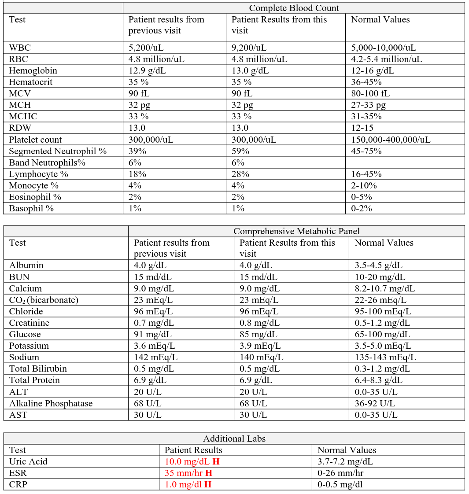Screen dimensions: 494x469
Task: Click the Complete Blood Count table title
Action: [294, 8]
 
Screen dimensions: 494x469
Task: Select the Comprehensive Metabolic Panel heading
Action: [296, 231]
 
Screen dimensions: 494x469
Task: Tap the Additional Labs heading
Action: [234, 439]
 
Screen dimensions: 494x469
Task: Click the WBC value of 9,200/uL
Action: [249, 48]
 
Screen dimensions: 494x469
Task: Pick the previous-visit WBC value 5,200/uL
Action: [146, 48]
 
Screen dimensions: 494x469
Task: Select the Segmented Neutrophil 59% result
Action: [240, 151]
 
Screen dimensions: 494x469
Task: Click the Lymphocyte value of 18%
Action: [137, 174]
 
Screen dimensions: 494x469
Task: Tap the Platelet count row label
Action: [35, 140]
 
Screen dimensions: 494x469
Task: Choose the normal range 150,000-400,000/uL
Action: [391, 140]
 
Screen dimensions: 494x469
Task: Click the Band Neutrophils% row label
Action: [47, 162]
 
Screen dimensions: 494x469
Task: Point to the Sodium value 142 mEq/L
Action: [155, 357]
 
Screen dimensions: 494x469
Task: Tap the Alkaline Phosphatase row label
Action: [51, 403]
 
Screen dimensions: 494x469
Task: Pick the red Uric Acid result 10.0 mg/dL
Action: [192, 461]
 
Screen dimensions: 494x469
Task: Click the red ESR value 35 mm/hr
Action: [188, 473]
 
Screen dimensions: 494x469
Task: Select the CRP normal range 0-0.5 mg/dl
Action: [340, 484]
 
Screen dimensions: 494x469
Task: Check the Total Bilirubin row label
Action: [38, 369]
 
